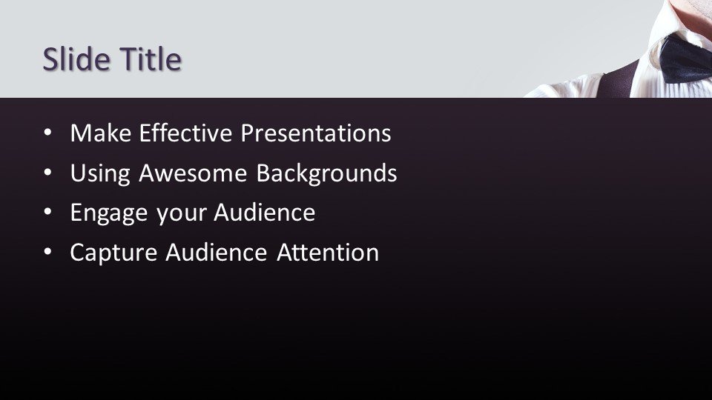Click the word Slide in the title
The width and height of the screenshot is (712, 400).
coord(76,59)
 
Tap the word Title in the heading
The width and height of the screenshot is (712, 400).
coord(151,59)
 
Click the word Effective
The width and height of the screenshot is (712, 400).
coord(185,133)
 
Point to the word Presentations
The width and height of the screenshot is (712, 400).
coord(316,133)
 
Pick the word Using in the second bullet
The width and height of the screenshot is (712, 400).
coord(100,173)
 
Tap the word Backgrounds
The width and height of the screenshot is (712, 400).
coord(326,173)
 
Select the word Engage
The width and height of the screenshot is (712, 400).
coord(109,213)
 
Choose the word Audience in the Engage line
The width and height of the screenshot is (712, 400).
coord(264,213)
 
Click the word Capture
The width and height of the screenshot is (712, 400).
coord(113,253)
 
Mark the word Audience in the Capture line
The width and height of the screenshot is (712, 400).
coord(216,252)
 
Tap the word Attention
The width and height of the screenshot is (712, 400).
coord(327,252)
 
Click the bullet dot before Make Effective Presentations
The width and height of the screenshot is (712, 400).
coord(47,133)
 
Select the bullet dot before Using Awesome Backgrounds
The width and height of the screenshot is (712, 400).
coord(47,173)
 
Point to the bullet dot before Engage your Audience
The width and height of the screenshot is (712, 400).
coord(47,213)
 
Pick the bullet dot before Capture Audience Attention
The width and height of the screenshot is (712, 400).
coord(47,252)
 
